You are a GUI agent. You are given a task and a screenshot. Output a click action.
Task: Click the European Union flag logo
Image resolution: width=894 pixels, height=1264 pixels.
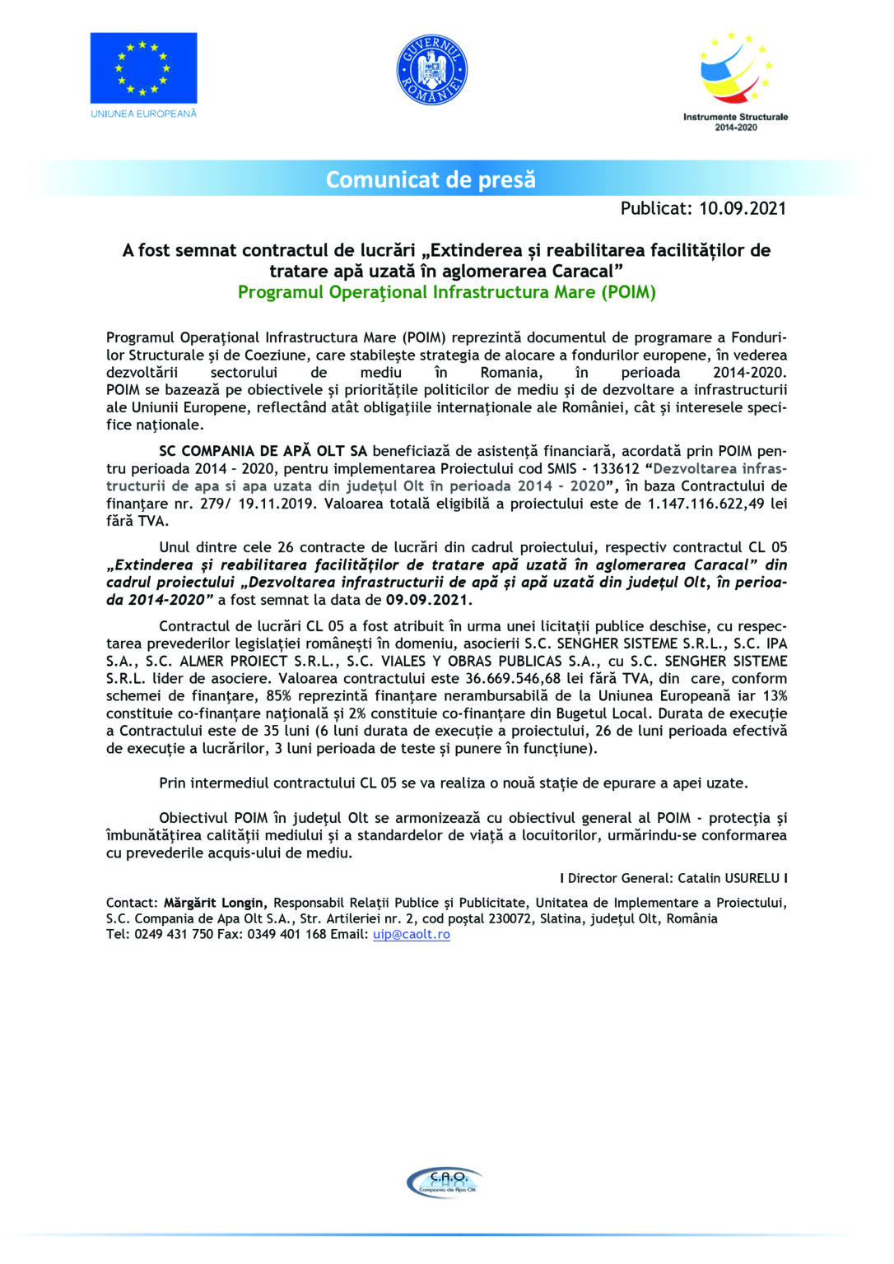click(x=143, y=67)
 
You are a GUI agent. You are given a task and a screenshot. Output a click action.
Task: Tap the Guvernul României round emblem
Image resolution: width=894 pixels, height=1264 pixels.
click(x=431, y=70)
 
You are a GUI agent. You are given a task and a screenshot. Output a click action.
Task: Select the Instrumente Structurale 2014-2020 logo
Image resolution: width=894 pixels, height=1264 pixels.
click(x=735, y=81)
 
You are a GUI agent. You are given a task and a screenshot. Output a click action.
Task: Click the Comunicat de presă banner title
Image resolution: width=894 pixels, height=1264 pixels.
click(x=431, y=179)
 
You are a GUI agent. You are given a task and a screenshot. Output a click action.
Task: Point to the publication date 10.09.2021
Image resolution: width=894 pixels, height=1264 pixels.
click(x=742, y=208)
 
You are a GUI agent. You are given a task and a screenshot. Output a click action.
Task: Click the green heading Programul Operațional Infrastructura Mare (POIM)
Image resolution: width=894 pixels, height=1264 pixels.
click(x=446, y=292)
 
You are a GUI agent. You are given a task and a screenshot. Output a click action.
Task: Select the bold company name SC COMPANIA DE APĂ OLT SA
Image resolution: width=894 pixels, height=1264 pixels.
click(x=263, y=451)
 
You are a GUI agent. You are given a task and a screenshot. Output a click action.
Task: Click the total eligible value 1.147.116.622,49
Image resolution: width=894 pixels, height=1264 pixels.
click(x=707, y=504)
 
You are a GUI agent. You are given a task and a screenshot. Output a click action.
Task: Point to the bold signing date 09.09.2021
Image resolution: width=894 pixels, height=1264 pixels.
click(x=428, y=600)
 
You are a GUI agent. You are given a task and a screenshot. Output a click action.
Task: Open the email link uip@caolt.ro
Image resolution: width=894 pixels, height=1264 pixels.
click(x=411, y=934)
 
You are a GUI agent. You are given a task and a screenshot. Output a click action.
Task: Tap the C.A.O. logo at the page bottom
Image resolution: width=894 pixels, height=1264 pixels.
click(x=445, y=1182)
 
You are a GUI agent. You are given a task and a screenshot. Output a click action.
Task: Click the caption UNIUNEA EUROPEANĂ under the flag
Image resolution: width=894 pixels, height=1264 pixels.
click(x=143, y=114)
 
